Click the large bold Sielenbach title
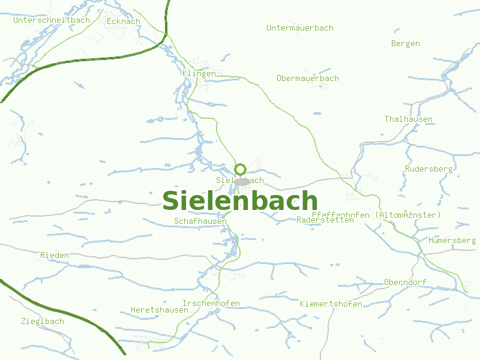240,200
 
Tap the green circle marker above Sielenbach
241,169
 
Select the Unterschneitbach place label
52,20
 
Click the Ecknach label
123,21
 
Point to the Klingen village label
199,73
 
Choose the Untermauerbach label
300,28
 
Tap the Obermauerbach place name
308,78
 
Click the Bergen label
406,43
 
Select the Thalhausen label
409,119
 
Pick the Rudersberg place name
429,169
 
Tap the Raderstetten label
325,220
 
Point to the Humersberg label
452,240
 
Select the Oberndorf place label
405,282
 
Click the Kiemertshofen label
331,304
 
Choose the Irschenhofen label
211,303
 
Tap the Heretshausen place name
155,310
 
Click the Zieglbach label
42,321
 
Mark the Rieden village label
55,255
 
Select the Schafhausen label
200,221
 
